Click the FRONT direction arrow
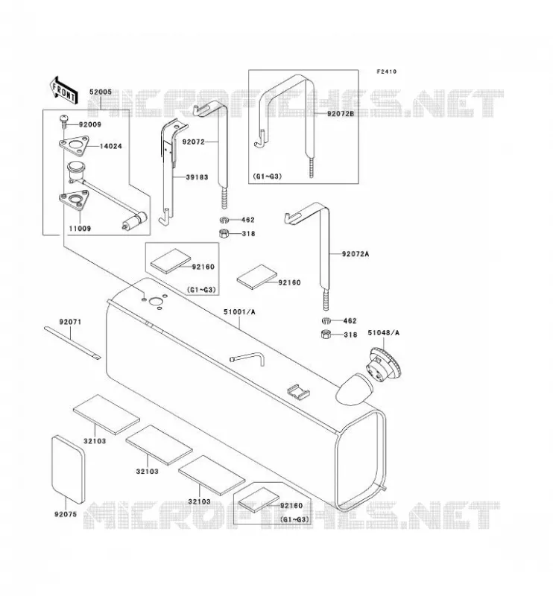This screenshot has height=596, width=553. [64, 90]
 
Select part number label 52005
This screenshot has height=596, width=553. [101, 92]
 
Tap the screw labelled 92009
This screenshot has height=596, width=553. [64, 121]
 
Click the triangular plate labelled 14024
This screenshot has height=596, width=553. [74, 146]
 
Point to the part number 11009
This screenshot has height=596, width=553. [80, 229]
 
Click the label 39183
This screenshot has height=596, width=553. [197, 177]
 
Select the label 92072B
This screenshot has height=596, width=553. [341, 114]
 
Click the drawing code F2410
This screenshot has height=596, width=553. [386, 72]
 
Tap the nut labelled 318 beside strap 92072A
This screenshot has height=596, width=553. [326, 335]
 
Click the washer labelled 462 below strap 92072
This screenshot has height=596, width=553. [224, 220]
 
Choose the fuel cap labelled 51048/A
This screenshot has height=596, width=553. [383, 366]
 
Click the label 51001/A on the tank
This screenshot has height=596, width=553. [239, 312]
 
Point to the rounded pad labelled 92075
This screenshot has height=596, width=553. [68, 469]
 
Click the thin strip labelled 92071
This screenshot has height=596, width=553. [72, 343]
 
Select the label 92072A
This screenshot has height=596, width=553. [355, 254]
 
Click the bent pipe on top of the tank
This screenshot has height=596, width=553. [247, 358]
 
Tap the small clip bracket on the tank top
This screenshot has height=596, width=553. [298, 392]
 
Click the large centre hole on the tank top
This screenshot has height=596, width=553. [156, 302]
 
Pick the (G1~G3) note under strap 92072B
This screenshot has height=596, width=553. [267, 177]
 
